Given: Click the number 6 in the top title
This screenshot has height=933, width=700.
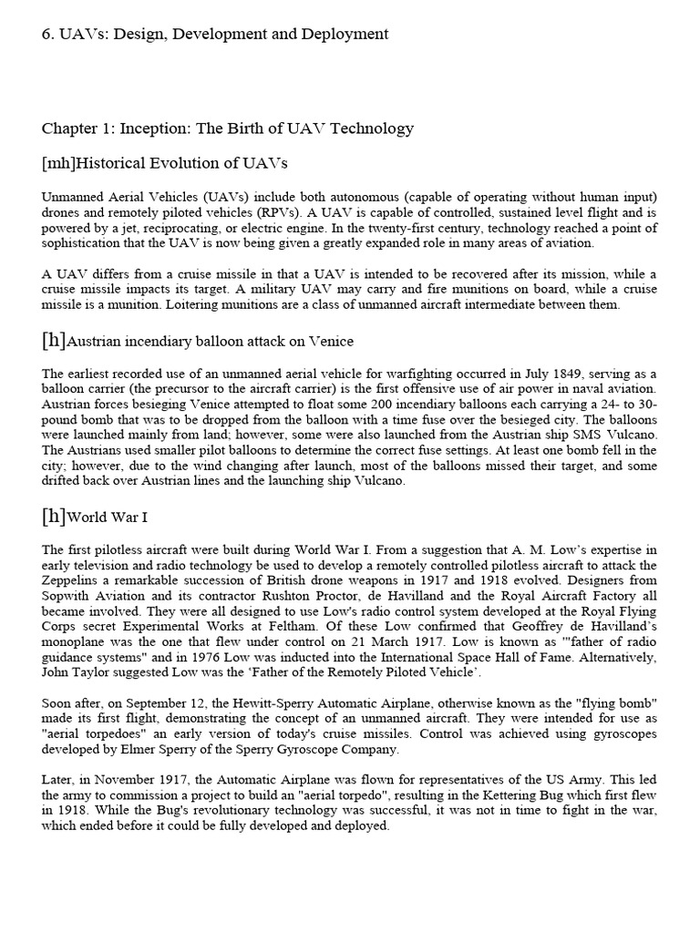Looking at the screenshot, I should click(47, 34).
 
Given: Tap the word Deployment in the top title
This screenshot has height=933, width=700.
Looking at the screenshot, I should click(345, 34).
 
